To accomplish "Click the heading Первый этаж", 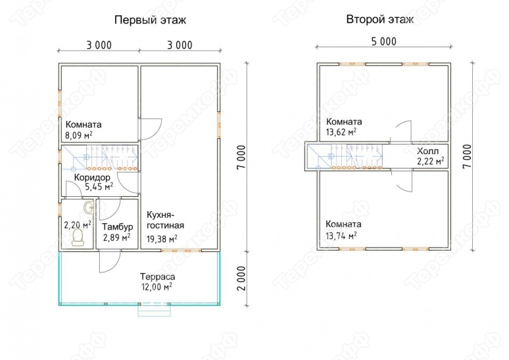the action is pos(151,20).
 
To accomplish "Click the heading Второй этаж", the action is pos(380,20).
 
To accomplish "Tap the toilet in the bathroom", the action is pos(78,237).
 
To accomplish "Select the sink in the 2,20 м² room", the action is pos(89,207).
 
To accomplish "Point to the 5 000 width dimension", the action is pos(383,41).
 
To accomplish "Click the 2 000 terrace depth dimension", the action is pos(243,278).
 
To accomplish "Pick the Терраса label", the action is pos(157,276).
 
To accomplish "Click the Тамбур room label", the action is pos(118,226).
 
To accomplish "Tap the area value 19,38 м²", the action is pos(162,239).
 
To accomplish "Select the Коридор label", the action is pos(92,178).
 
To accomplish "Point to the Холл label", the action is pos(427,151).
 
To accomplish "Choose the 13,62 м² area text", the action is pos(341,132).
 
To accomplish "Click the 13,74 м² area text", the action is pos(341,235).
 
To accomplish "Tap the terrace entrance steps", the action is pos(154,310).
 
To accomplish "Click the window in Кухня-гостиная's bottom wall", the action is pos(181,251).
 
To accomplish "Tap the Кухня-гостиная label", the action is pos(165,220).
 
